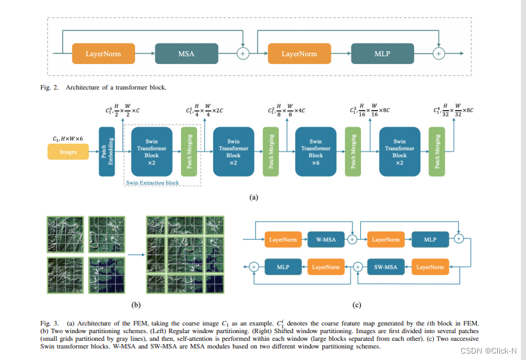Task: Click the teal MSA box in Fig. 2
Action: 186,54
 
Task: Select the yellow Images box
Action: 68,152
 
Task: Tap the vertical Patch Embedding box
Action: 106,152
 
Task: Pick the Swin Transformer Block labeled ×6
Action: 315,152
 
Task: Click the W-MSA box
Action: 326,240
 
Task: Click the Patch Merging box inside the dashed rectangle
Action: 188,152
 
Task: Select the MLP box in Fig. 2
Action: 383,54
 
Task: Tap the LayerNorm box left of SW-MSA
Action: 430,267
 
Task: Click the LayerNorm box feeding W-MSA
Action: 283,240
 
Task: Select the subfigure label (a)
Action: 253,198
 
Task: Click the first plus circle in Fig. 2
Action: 243,54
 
